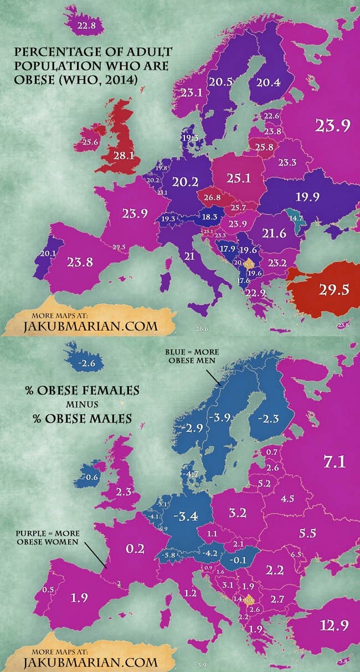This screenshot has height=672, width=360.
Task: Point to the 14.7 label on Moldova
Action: pyautogui.click(x=297, y=218)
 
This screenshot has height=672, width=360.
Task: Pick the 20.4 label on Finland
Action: pyautogui.click(x=268, y=82)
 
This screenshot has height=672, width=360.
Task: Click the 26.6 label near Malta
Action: pyautogui.click(x=202, y=329)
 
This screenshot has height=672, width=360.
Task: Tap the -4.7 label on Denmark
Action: pyautogui.click(x=192, y=474)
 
